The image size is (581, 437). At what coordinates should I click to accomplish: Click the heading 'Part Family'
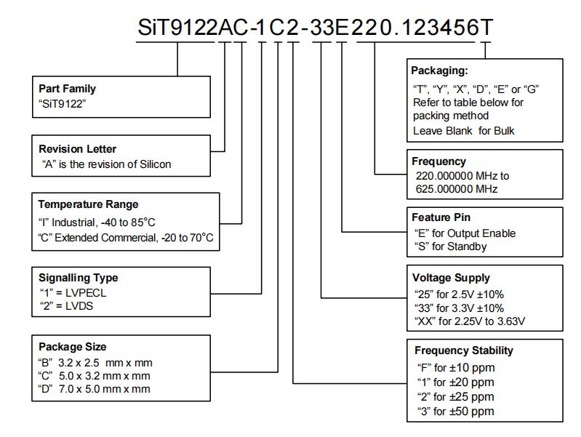click(67, 89)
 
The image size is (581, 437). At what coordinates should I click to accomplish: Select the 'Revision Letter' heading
click(77, 149)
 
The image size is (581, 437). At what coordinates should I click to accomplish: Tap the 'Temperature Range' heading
click(88, 204)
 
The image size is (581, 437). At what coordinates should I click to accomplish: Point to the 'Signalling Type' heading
click(79, 278)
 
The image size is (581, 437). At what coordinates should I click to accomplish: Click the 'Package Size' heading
click(72, 347)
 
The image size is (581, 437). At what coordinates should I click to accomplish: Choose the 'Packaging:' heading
click(439, 71)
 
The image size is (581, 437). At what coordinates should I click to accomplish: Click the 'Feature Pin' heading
click(441, 217)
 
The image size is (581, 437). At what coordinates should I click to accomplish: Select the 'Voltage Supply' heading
click(451, 278)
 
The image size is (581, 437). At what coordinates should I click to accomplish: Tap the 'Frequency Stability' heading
click(464, 350)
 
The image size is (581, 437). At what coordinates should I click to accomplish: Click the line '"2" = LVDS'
click(66, 306)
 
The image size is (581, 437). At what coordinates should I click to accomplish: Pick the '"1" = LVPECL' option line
click(73, 293)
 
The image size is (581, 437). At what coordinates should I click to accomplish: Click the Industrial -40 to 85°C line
click(97, 222)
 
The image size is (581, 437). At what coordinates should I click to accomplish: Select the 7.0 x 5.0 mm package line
click(94, 389)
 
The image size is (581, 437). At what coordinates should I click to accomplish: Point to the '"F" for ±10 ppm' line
click(456, 368)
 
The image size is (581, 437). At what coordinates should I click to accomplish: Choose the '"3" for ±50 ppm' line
click(455, 412)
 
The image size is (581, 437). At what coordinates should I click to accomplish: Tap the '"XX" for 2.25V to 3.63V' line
click(470, 321)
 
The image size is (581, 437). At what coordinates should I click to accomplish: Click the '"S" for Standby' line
click(450, 246)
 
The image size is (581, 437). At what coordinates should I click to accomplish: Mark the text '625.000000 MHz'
click(457, 189)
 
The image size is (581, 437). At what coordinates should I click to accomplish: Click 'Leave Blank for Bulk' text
click(463, 131)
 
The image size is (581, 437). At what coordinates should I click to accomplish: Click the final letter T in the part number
click(486, 28)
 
